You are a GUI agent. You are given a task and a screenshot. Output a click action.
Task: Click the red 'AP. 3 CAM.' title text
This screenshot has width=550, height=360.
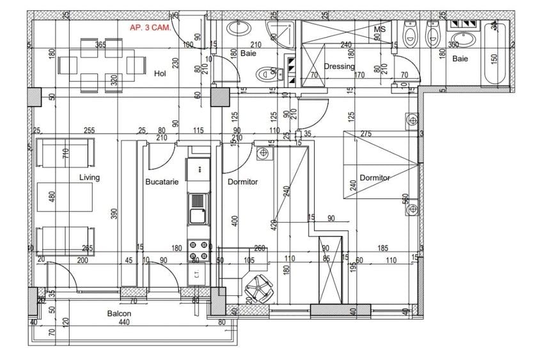coord(149,27)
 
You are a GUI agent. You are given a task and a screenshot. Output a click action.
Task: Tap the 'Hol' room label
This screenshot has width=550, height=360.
coord(160,74)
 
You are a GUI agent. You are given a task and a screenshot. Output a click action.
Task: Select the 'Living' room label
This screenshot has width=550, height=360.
coord(90,178)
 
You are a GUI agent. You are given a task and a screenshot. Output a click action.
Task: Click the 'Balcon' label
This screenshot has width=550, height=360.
coord(119,313)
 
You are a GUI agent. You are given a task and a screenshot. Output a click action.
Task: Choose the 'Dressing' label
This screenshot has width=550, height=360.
coord(339,67)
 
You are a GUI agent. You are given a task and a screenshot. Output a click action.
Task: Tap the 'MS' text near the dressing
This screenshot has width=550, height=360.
coord(379,29)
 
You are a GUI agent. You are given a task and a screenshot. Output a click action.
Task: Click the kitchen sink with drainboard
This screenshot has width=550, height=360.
coord(198,208)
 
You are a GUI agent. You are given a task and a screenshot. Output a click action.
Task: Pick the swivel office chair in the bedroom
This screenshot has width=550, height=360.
coord(261,286)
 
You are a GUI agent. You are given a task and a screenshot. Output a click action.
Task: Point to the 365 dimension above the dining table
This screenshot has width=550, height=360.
coord(100,45)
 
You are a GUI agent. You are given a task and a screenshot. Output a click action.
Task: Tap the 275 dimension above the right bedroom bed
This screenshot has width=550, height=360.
coord(366,134)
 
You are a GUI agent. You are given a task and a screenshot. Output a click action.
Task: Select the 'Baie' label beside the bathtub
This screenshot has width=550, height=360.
coord(460,58)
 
